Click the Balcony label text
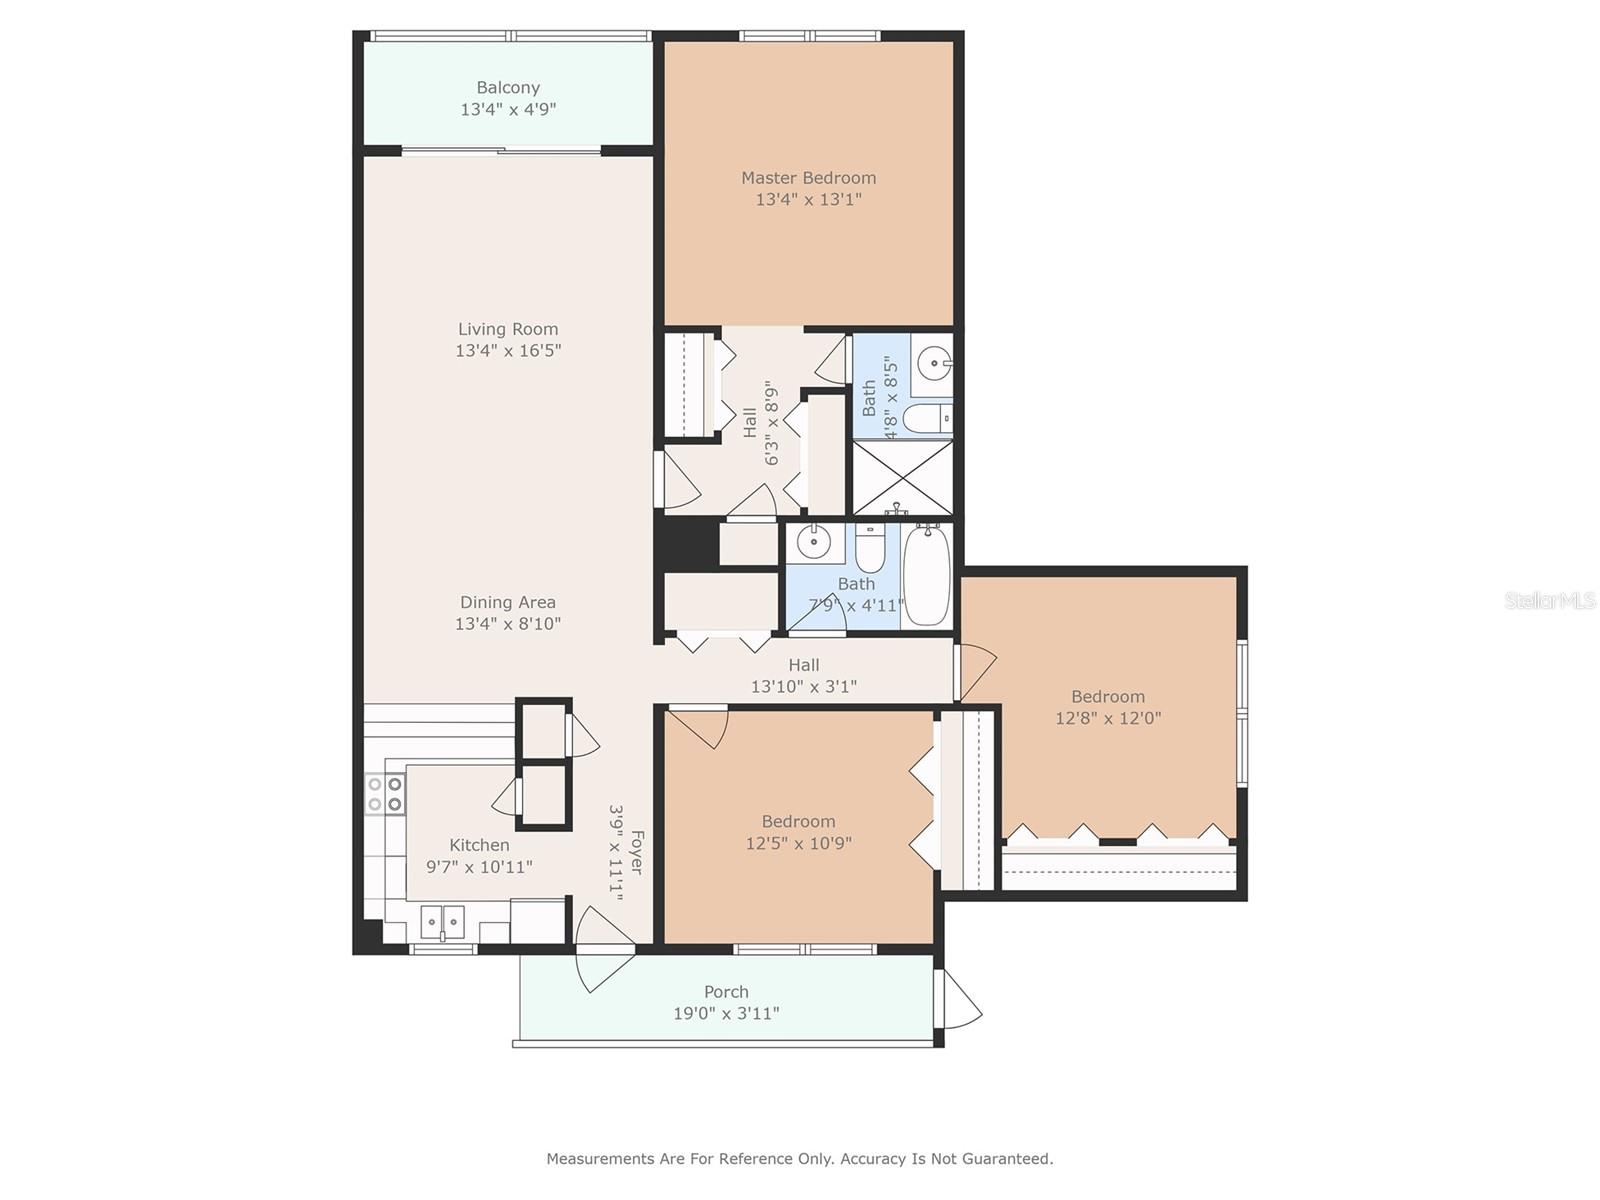click(x=508, y=87)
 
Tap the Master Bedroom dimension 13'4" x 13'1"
click(x=808, y=199)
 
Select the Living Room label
click(x=508, y=329)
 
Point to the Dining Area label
click(x=508, y=602)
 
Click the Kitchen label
click(x=479, y=845)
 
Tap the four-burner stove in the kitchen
click(x=385, y=794)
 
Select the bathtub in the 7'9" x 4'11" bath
click(x=926, y=576)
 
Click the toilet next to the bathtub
click(x=869, y=548)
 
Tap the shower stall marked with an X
click(x=902, y=477)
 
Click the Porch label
click(x=726, y=992)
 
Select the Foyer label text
click(x=636, y=852)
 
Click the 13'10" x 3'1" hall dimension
click(x=804, y=686)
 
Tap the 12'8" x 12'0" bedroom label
click(x=1108, y=707)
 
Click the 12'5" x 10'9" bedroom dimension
click(x=798, y=843)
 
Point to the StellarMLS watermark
click(x=1550, y=601)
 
